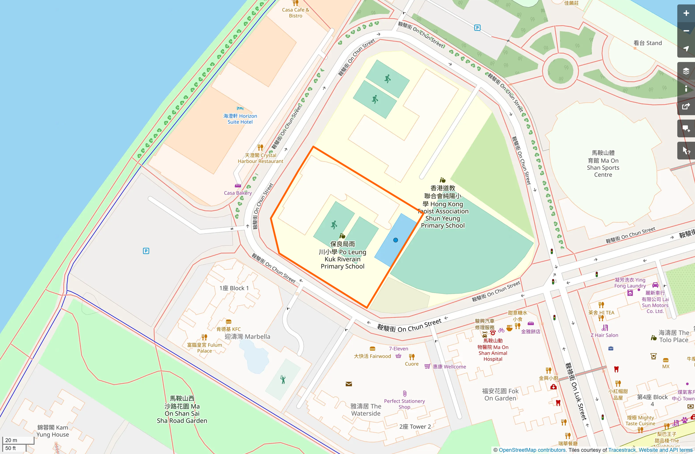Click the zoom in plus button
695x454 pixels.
pyautogui.click(x=686, y=13)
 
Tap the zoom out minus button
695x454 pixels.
pyautogui.click(x=686, y=31)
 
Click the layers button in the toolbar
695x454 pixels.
pyautogui.click(x=686, y=71)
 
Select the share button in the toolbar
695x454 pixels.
pyautogui.click(x=686, y=107)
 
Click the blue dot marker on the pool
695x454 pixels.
pyautogui.click(x=395, y=240)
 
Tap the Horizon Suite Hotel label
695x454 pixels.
pyautogui.click(x=240, y=119)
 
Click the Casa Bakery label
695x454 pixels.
pyautogui.click(x=238, y=193)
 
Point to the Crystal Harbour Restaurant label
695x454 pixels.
pyautogui.click(x=260, y=158)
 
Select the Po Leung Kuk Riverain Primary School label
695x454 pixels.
pyautogui.click(x=342, y=255)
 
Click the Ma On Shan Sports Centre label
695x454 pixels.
pyautogui.click(x=603, y=164)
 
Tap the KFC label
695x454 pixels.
pyautogui.click(x=228, y=329)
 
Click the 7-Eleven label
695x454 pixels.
pyautogui.click(x=398, y=348)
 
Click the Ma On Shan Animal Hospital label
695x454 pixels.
pyautogui.click(x=493, y=350)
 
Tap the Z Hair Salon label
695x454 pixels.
pyautogui.click(x=604, y=335)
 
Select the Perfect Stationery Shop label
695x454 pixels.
pyautogui.click(x=404, y=404)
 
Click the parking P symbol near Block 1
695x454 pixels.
pyautogui.click(x=146, y=251)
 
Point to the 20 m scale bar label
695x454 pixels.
pyautogui.click(x=11, y=440)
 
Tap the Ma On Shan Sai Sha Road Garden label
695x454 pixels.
pyautogui.click(x=182, y=409)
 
